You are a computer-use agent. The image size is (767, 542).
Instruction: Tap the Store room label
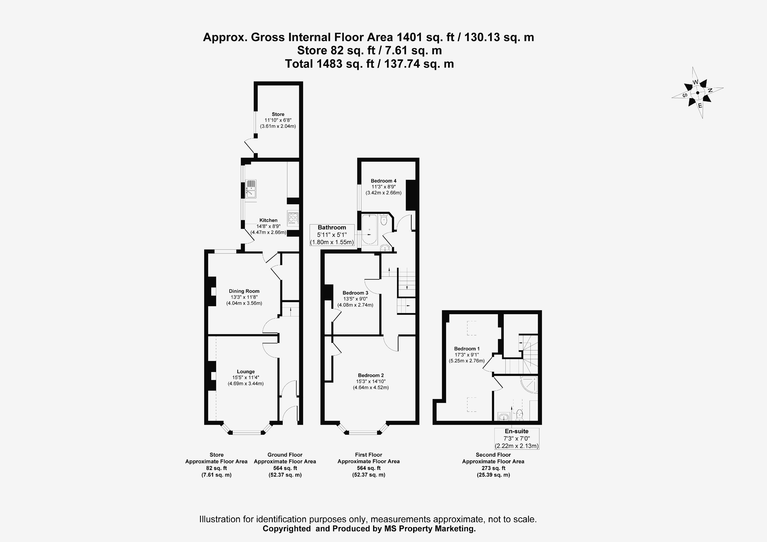pyautogui.click(x=278, y=114)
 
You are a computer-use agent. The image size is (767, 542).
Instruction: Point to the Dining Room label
pyautogui.click(x=244, y=291)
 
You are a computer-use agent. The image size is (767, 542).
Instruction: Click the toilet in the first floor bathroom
pyautogui.click(x=384, y=220)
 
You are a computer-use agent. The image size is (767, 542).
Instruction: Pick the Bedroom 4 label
pyautogui.click(x=383, y=181)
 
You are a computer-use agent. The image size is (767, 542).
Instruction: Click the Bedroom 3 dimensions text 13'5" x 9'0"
pyautogui.click(x=355, y=299)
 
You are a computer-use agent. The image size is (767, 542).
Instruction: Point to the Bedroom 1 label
pyautogui.click(x=467, y=349)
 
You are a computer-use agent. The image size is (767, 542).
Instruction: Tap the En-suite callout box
pyautogui.click(x=516, y=438)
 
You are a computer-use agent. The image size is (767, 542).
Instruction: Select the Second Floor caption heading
pyautogui.click(x=493, y=455)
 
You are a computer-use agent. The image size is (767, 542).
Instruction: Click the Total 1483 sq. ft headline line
pyautogui.click(x=369, y=64)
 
